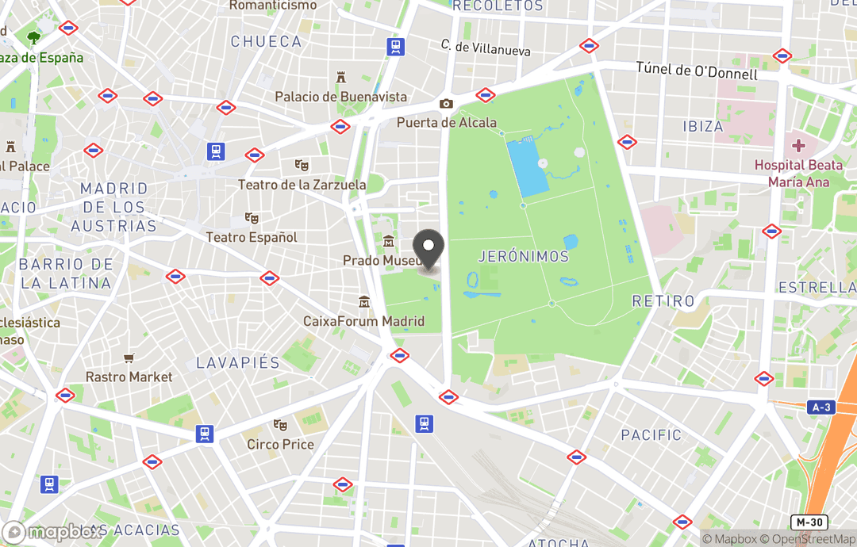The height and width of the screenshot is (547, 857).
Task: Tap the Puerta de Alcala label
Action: click(447, 122)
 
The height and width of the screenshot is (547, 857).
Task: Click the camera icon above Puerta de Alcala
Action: click(446, 104)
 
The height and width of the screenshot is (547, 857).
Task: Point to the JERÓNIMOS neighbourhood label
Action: click(524, 256)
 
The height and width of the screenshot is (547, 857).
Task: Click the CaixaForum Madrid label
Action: click(363, 321)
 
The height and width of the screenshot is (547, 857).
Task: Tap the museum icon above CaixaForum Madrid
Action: click(364, 302)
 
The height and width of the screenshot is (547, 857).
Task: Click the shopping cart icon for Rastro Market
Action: click(129, 359)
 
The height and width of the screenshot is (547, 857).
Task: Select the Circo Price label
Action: click(280, 444)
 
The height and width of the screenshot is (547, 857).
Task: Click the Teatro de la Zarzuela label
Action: click(302, 185)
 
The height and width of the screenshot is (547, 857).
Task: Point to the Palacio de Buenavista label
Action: click(340, 97)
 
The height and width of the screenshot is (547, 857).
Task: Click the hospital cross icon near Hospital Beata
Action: click(798, 146)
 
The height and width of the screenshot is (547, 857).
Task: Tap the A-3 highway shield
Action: click(821, 407)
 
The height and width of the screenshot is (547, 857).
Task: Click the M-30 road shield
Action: click(809, 522)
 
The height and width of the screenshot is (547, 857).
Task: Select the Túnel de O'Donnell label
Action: click(697, 70)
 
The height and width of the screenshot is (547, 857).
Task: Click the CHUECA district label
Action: click(266, 41)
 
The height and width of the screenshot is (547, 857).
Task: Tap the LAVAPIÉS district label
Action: click(238, 362)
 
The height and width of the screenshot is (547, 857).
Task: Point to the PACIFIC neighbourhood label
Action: click(651, 434)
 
